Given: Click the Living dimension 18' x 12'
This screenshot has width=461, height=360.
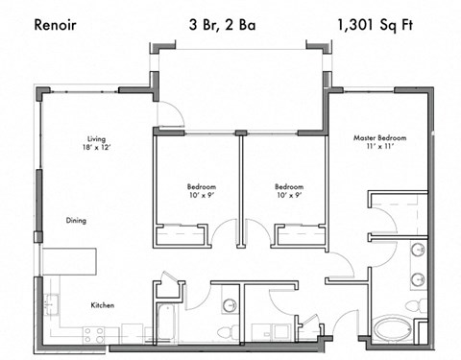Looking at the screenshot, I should (x=97, y=149).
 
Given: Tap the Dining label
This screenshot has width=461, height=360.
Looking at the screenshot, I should (x=76, y=220).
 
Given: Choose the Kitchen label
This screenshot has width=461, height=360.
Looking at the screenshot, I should (x=103, y=305).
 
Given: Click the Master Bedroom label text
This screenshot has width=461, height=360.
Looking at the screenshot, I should (x=379, y=138).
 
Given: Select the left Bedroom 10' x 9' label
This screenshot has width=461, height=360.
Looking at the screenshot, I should (x=201, y=191).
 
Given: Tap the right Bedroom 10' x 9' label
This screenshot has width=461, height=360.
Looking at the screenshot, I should (x=289, y=191).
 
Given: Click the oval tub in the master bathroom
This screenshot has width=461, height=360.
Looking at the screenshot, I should (x=393, y=328).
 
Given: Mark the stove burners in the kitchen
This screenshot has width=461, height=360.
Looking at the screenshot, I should (x=94, y=335).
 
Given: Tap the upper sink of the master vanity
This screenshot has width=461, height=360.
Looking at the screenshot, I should (x=418, y=252).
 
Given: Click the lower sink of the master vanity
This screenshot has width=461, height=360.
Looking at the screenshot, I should (x=418, y=280).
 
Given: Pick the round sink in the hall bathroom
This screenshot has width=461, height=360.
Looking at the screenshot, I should (x=229, y=305).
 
